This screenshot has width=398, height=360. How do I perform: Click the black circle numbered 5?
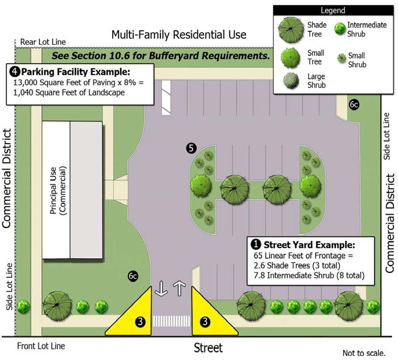click(x=190, y=148)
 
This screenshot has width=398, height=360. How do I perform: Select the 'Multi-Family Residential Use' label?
click(x=178, y=35)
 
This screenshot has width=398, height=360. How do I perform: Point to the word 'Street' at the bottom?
click(x=207, y=348)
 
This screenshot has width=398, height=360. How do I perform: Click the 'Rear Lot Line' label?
click(x=43, y=42)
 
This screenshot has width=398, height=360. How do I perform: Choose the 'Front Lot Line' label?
click(x=40, y=346)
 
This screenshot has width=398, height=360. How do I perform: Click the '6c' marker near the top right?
click(x=354, y=105)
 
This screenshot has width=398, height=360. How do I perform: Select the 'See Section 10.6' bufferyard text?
click(x=160, y=56)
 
